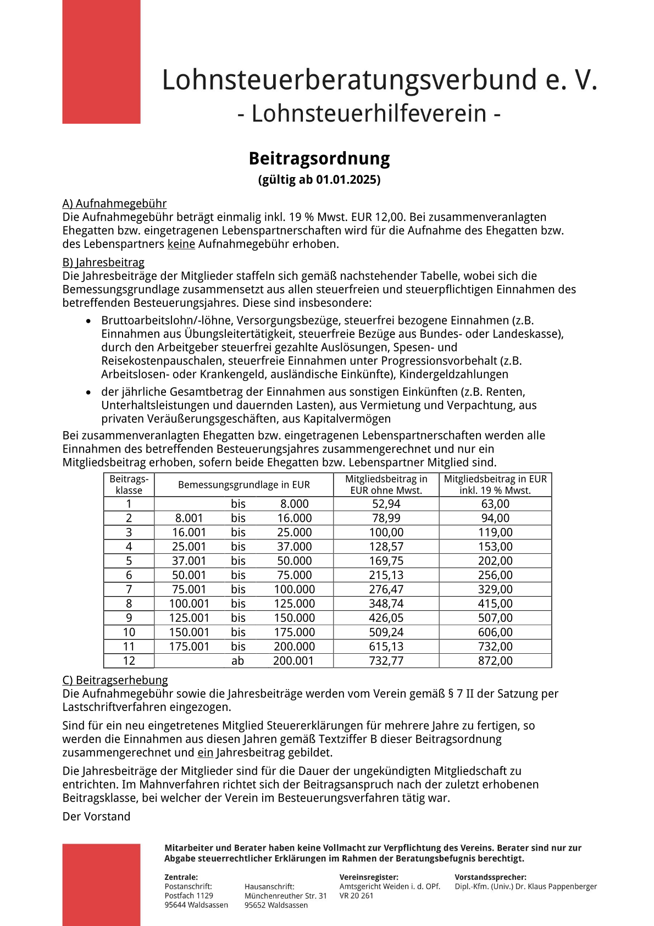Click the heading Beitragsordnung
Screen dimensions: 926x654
click(319, 158)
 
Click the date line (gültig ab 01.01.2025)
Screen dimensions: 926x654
click(319, 179)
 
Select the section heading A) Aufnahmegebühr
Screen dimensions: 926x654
click(114, 203)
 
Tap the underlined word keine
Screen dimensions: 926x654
click(181, 244)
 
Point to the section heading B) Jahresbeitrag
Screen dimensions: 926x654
click(103, 262)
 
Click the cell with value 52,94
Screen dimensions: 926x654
click(386, 504)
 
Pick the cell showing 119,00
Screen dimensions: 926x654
click(495, 532)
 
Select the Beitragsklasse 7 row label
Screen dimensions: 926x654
click(129, 589)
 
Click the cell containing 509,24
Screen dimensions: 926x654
click(386, 632)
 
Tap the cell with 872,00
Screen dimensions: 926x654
click(495, 661)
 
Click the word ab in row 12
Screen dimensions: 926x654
click(237, 661)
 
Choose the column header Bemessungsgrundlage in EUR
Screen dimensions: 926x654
click(243, 485)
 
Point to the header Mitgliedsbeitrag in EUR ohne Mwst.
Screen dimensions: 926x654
click(386, 485)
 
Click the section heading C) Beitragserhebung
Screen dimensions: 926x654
click(115, 680)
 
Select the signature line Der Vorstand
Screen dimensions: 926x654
click(96, 817)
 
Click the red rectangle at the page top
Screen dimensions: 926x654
click(101, 62)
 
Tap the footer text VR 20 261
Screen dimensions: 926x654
click(356, 896)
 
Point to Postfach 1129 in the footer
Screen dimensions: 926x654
click(189, 896)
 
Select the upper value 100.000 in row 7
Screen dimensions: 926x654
click(295, 589)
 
